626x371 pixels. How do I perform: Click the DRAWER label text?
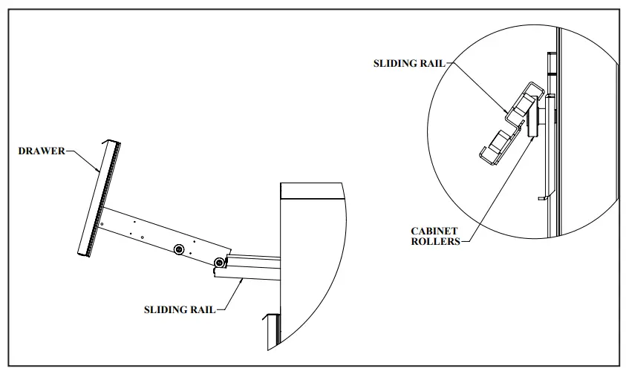point(41,151)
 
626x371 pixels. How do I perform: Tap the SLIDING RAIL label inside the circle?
point(408,64)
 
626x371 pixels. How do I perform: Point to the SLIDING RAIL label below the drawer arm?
point(180,309)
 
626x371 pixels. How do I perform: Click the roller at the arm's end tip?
point(218,263)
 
